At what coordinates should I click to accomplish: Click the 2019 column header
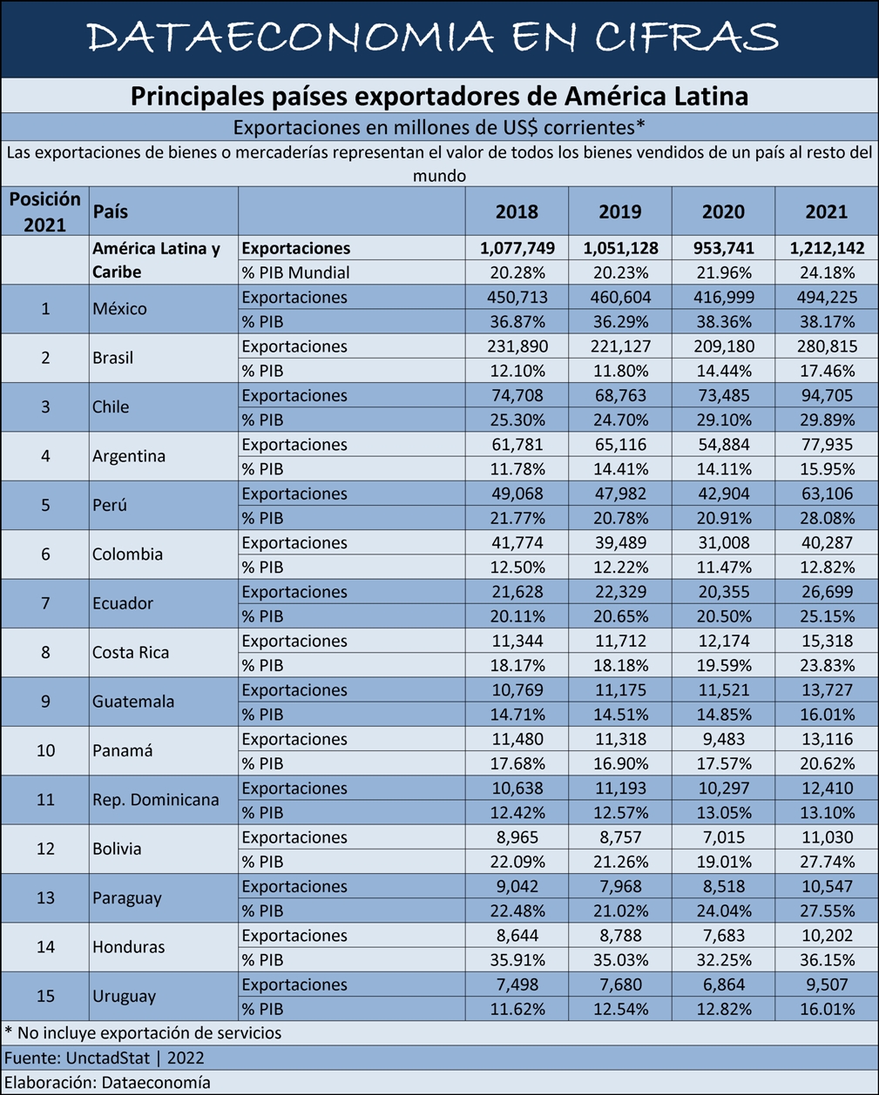[619, 212]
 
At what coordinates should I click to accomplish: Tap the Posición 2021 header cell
[44, 212]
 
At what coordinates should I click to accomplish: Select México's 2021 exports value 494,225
[827, 297]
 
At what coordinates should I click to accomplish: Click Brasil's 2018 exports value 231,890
[517, 346]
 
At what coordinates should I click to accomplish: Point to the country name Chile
[111, 407]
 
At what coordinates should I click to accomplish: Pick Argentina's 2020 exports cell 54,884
[724, 445]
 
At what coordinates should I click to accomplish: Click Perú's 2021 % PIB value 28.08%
[827, 518]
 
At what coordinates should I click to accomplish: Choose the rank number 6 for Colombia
[45, 554]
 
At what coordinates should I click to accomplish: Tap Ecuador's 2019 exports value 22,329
[620, 592]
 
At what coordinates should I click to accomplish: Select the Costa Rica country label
[131, 652]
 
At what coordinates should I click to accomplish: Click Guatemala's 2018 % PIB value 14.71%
[517, 715]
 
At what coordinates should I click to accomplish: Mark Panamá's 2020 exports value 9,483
[724, 739]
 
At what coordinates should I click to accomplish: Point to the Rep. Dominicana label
[155, 799]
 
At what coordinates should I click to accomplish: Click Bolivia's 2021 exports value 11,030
[827, 837]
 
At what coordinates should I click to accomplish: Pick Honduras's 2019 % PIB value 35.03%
[620, 960]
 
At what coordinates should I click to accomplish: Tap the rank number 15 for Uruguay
[45, 997]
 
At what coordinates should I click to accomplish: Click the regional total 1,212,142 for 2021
[827, 248]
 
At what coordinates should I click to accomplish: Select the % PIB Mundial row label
[295, 272]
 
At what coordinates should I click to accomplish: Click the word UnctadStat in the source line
[108, 1058]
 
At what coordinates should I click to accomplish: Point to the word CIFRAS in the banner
[686, 37]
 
